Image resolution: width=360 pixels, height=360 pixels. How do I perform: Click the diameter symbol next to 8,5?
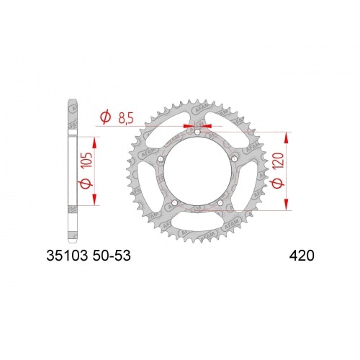click(x=105, y=118)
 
